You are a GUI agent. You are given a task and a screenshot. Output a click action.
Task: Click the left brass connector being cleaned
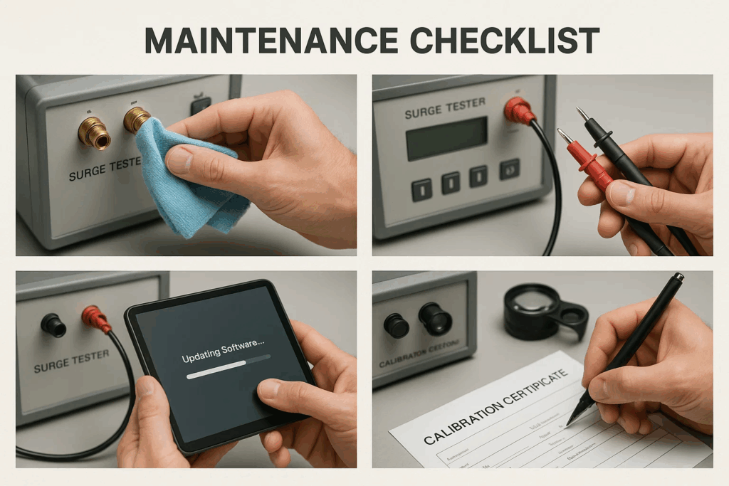pos(94,132)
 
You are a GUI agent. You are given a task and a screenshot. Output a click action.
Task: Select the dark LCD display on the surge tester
pos(446,137)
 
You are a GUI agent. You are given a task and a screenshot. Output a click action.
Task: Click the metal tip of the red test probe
pos(561,133)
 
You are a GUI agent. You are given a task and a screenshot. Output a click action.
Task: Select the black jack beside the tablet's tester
pos(53,325)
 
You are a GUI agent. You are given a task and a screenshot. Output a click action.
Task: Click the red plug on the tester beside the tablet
pos(95,318)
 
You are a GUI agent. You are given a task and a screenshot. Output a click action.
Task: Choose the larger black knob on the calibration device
pos(434,318)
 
